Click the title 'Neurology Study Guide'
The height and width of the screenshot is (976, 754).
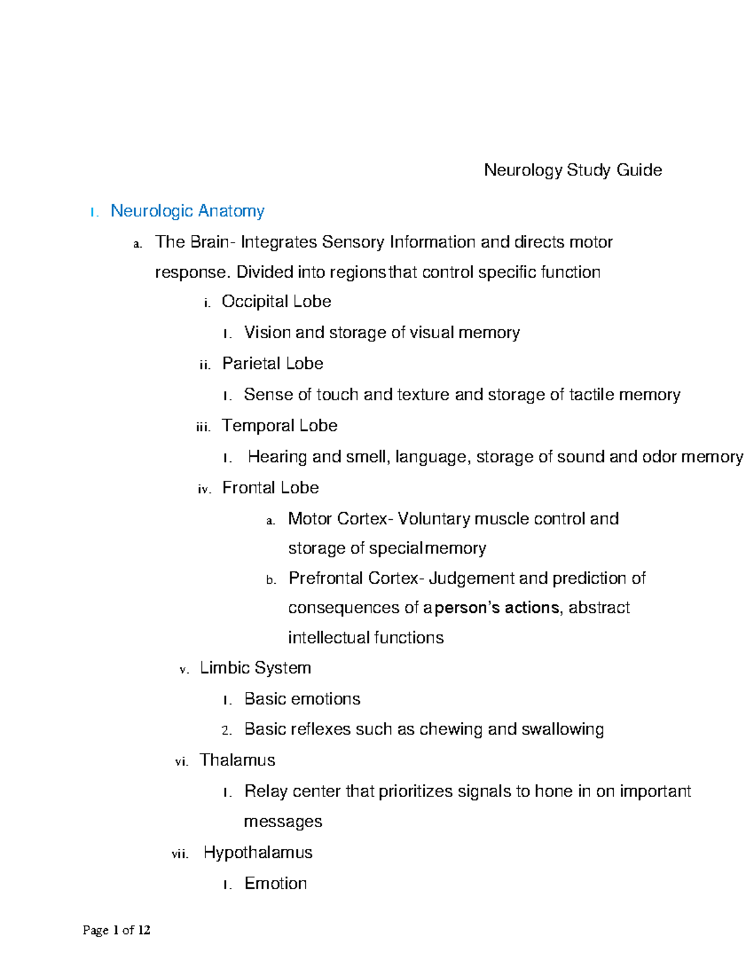point(572,170)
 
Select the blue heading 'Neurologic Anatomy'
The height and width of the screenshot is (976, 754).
point(187,211)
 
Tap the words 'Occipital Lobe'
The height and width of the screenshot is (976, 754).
point(276,302)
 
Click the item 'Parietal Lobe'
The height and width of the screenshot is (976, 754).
point(272,364)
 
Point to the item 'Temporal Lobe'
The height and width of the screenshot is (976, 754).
point(279,426)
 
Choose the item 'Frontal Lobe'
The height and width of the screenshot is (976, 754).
point(270,488)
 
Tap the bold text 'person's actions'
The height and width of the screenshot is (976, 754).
point(496,608)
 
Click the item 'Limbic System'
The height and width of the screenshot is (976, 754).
point(255,668)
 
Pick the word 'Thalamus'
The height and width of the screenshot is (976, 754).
point(238,760)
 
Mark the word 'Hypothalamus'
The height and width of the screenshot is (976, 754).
point(258,853)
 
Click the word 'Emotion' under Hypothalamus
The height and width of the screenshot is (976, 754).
point(275,884)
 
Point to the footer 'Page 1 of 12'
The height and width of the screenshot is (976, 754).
point(116,930)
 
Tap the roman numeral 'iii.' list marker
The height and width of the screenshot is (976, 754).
point(203,428)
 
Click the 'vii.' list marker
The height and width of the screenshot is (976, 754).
point(180,855)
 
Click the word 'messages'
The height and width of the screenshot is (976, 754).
point(283,822)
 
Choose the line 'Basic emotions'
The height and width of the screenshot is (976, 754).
point(302,699)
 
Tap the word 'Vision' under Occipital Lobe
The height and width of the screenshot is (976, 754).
point(267,332)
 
